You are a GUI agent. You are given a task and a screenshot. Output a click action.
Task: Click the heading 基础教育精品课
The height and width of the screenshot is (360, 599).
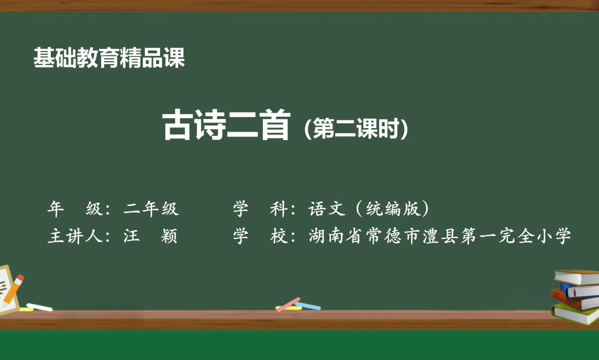click(109, 58)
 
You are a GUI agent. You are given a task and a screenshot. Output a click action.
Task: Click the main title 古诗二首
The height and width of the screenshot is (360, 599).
click(226, 125)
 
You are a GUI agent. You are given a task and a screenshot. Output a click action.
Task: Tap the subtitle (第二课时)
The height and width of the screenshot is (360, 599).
click(356, 128)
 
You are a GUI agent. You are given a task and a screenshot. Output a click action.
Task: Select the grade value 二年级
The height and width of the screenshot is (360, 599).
click(151, 209)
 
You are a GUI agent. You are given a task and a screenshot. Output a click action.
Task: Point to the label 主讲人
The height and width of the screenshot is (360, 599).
click(75, 236)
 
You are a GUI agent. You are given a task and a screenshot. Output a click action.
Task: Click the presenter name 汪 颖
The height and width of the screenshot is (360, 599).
click(150, 236)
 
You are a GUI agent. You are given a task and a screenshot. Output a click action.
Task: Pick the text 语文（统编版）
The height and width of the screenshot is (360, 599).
click(369, 209)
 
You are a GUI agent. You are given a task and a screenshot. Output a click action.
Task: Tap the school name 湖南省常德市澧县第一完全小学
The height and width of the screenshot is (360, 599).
click(440, 236)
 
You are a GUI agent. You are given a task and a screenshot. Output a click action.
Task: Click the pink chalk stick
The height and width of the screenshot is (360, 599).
click(288, 304)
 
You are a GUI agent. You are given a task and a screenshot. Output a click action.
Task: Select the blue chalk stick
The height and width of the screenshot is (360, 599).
click(309, 306)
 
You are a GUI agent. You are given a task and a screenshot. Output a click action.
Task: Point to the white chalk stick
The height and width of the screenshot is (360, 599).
click(39, 307)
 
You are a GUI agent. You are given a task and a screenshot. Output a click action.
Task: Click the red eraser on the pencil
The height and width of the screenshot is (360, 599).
click(20, 278)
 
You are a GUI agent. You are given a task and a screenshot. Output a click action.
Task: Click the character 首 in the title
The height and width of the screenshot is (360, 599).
click(275, 125)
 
